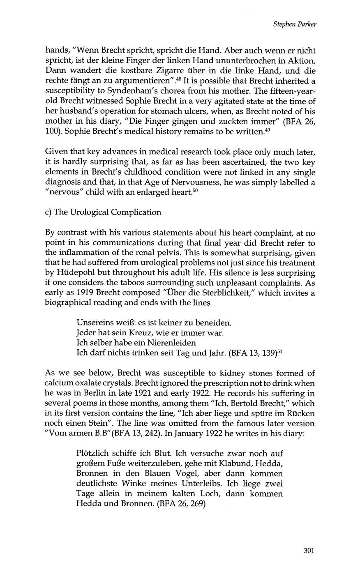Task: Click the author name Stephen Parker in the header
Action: click(x=295, y=25)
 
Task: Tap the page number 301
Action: click(x=309, y=551)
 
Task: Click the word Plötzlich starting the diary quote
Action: click(x=93, y=454)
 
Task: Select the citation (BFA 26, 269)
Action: click(x=181, y=503)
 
